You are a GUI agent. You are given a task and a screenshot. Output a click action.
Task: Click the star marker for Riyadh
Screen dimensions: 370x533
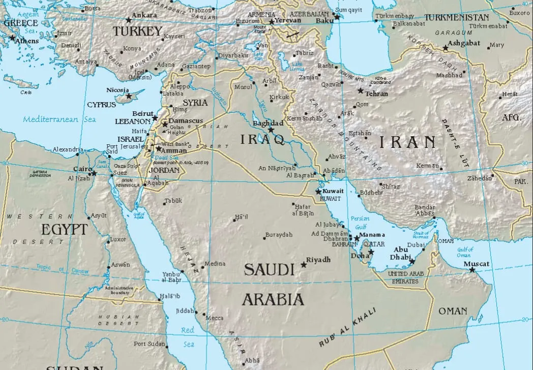[x=304, y=264]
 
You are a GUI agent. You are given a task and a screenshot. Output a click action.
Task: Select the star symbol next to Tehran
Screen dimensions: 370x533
[x=361, y=91]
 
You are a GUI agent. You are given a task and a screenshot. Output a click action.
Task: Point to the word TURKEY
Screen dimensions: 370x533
[x=137, y=32]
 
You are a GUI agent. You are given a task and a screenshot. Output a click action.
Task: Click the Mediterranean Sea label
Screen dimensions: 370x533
[x=59, y=119]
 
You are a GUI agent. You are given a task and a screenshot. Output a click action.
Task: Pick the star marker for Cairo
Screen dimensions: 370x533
[x=94, y=173]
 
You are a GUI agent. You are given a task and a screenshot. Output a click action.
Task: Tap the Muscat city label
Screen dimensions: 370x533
[x=477, y=264]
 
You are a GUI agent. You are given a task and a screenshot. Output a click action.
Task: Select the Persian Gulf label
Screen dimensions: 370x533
[x=360, y=222]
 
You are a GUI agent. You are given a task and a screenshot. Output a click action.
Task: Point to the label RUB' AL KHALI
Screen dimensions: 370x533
[x=347, y=328]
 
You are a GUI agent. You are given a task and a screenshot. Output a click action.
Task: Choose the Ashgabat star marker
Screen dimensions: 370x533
[x=446, y=48]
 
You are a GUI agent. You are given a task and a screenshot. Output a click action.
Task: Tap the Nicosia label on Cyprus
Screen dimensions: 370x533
[x=117, y=90]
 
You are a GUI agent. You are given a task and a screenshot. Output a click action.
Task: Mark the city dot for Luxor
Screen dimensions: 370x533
[x=108, y=242]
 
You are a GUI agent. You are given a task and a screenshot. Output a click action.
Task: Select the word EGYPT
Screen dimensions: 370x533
[x=64, y=229]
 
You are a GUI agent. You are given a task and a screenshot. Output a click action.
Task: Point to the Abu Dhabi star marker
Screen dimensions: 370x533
[x=412, y=262]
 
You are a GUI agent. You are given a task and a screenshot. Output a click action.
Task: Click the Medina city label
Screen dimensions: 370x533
[x=214, y=264]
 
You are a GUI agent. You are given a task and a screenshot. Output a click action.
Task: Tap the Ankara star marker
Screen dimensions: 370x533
[x=128, y=20]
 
